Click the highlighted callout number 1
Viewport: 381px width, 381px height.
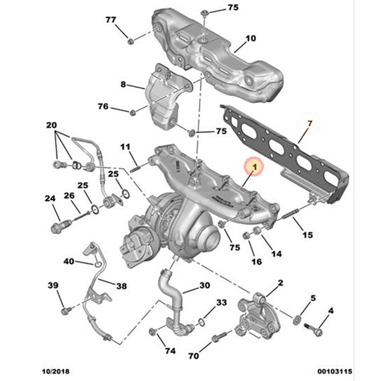tap(254, 167)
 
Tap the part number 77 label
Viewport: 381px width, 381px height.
tap(111, 20)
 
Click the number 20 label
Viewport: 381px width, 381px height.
tap(51, 125)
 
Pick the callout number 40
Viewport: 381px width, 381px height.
tap(69, 261)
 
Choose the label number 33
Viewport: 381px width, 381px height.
tap(221, 303)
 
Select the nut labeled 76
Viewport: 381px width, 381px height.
tap(133, 112)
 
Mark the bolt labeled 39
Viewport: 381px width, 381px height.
tap(65, 311)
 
